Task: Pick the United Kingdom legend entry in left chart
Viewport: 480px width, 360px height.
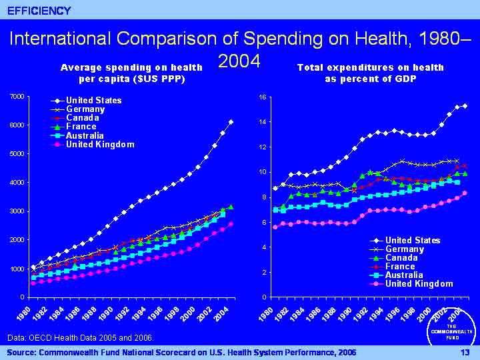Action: point(100,144)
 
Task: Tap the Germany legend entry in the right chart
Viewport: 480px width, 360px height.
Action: point(404,249)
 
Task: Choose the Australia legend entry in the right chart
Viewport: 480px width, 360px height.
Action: point(407,275)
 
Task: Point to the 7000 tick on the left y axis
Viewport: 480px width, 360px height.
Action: point(18,97)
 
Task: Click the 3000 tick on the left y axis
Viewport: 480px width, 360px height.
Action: point(18,211)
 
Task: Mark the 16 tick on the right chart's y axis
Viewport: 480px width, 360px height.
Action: point(263,97)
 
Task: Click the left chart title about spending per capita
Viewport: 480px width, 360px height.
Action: point(131,73)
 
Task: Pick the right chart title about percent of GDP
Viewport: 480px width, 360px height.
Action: point(370,73)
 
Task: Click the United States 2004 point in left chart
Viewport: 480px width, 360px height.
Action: point(231,122)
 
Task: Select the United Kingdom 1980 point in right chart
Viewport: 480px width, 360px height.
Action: point(275,227)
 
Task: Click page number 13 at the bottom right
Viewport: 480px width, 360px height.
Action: point(464,351)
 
